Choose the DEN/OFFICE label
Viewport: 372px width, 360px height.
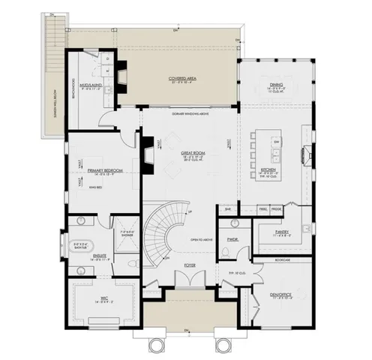click(283, 294)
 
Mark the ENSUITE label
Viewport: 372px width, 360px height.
click(98, 255)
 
